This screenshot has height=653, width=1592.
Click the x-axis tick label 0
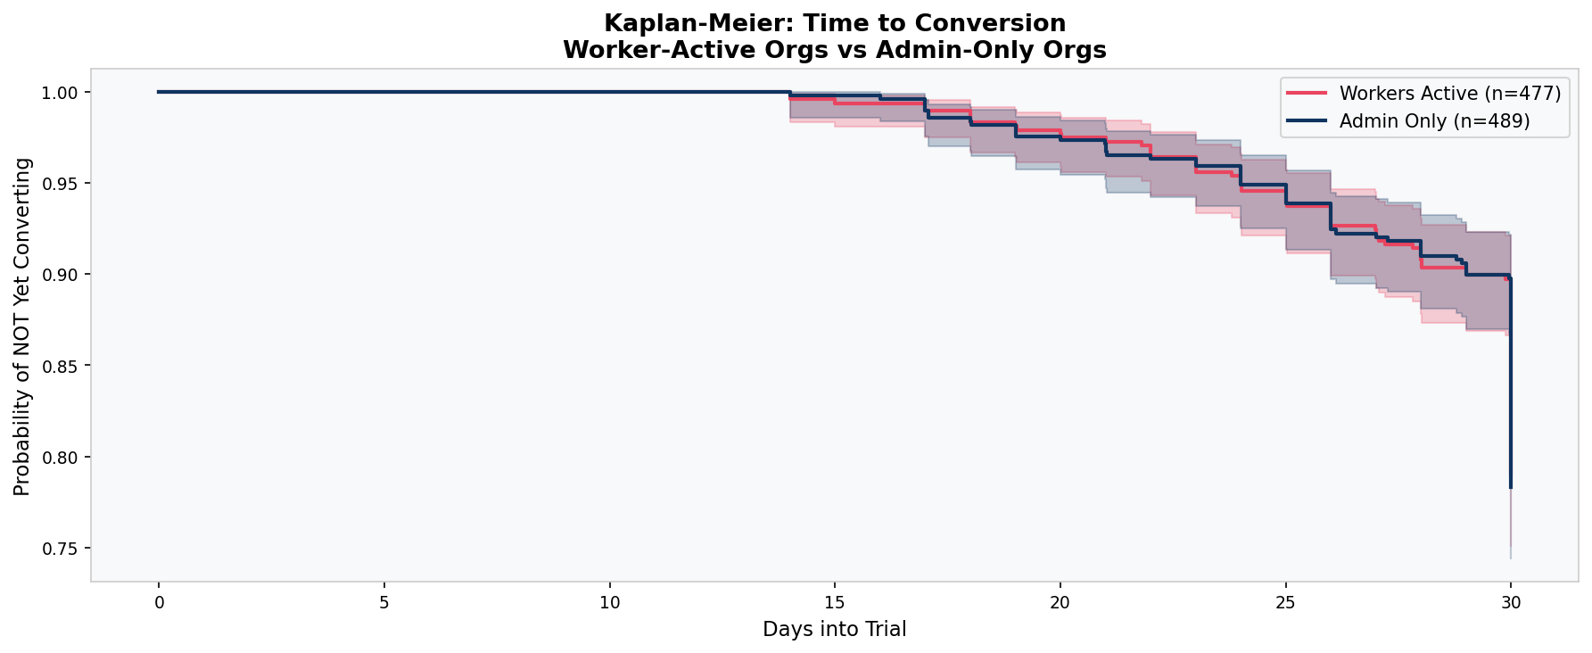[x=159, y=602]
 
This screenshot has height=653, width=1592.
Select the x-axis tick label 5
[x=384, y=602]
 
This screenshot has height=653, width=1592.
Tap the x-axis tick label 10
[x=609, y=602]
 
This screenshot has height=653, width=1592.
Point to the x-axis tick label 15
[x=835, y=602]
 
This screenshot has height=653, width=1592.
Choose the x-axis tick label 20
[x=1060, y=602]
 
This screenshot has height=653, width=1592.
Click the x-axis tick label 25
[x=1285, y=602]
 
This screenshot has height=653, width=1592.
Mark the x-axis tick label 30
[x=1510, y=602]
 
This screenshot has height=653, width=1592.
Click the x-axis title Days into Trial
[x=834, y=630]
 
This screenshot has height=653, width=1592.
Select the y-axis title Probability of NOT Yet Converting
[x=23, y=326]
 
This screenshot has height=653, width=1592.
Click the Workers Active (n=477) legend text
[x=1449, y=94]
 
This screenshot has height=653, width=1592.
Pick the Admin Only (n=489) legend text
[x=1434, y=121]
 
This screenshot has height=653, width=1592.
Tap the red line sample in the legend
[x=1307, y=94]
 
